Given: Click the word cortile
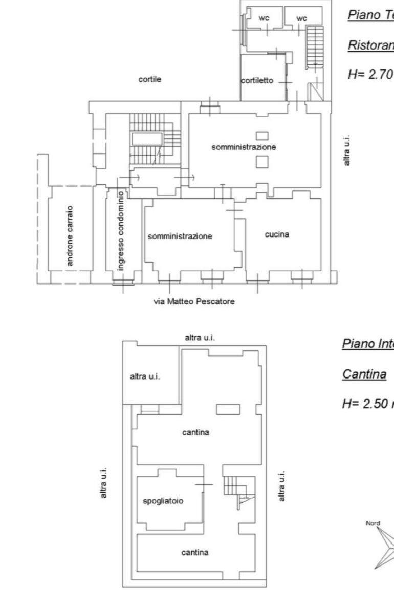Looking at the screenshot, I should tap(150, 80).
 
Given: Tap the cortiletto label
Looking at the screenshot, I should tap(258, 81).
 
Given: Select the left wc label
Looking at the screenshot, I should tap(264, 18).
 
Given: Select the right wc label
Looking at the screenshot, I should tap(302, 18).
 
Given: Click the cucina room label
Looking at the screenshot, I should tap(277, 234).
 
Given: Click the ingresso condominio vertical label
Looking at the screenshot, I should tap(120, 230).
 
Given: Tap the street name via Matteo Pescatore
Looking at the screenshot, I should tap(194, 301).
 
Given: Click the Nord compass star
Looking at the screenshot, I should tap(383, 542).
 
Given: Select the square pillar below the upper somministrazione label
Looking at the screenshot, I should tap(262, 161).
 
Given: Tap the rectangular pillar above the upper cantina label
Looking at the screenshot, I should tap(228, 409).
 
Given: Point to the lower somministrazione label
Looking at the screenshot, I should tap(180, 237).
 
